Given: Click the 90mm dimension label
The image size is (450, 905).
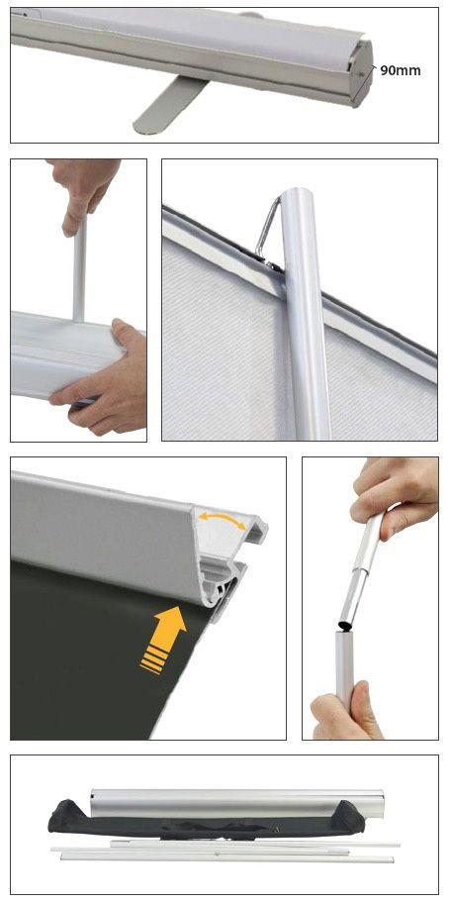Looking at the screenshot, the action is tap(401, 71).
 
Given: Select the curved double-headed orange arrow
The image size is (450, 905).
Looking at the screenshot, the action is tap(222, 519).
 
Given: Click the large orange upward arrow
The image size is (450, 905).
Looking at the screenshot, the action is tap(164, 640).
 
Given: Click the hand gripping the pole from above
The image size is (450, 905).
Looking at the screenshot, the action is tap(82, 193).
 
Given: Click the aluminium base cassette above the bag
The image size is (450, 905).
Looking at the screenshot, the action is tap(237, 802).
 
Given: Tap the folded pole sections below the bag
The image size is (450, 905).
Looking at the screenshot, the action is tap(225, 852).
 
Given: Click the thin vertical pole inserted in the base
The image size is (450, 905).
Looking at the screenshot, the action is tap(79, 269).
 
